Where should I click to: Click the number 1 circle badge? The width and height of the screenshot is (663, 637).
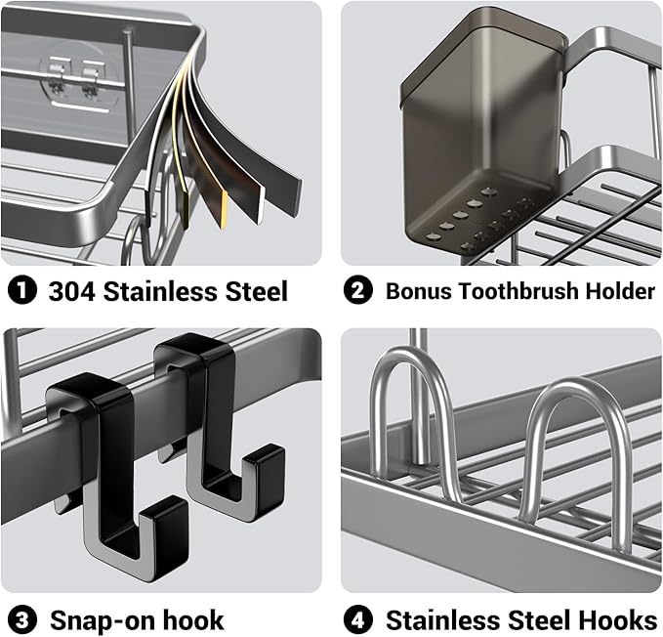[21, 290]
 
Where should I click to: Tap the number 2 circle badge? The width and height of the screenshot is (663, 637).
[359, 290]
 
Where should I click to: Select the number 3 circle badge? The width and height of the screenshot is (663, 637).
[21, 619]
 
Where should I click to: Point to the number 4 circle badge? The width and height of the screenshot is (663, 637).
[359, 619]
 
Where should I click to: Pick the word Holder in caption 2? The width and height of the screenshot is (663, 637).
[622, 290]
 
